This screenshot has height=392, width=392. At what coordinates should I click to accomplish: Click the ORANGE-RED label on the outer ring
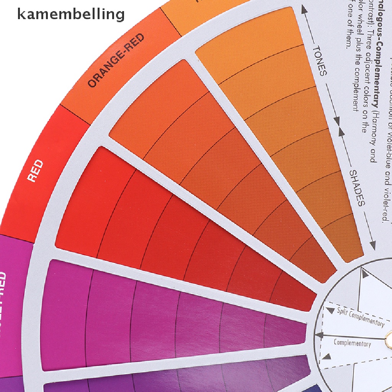[116, 60]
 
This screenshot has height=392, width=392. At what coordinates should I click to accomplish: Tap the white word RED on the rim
[35, 171]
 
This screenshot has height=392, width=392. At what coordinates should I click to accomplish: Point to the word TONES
[320, 60]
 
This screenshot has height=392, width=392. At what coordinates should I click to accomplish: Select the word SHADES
[356, 188]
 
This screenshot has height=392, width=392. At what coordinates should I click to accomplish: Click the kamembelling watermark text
[71, 14]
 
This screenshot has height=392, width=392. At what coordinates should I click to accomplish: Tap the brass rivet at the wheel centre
[389, 336]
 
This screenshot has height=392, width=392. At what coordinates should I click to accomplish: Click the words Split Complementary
[360, 317]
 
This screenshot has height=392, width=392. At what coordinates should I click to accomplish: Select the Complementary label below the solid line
[352, 343]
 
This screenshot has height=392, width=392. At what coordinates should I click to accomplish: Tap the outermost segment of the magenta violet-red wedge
[65, 314]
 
